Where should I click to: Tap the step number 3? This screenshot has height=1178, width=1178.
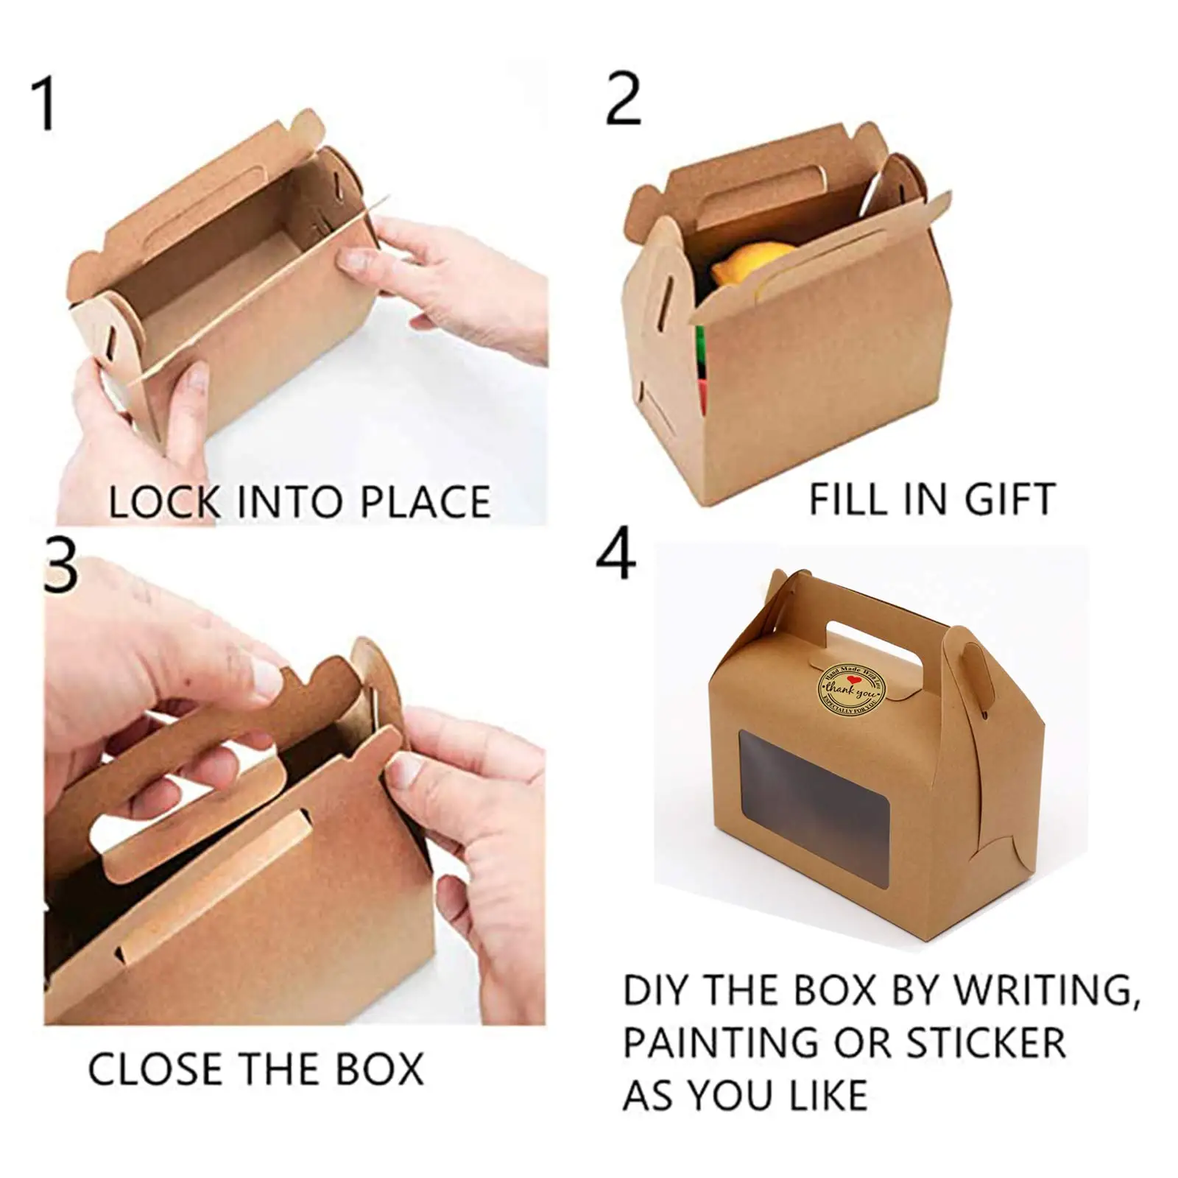[60, 565]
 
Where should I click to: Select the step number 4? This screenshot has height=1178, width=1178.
[616, 554]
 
